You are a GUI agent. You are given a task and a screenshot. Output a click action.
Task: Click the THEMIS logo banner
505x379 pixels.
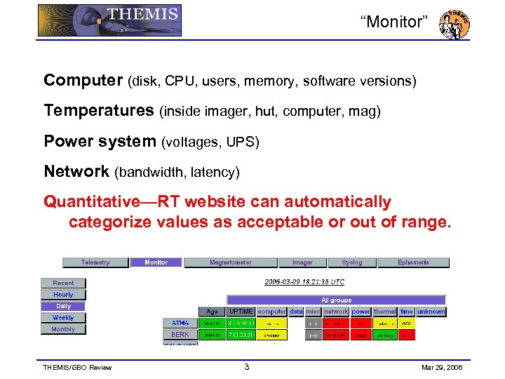109,20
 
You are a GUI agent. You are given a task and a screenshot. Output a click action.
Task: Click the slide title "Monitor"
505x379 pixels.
393,22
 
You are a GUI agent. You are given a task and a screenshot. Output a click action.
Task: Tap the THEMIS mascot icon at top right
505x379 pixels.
454,24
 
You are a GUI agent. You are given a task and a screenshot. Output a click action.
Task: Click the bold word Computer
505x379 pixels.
83,81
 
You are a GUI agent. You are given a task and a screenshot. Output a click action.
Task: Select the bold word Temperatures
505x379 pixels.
98,111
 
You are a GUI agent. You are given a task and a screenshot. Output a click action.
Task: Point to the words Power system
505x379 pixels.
100,141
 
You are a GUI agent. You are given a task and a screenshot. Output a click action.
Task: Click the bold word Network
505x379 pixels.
76,171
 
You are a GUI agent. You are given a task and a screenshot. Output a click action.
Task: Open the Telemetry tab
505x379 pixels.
95,262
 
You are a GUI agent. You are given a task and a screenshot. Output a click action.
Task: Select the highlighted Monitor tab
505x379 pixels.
156,262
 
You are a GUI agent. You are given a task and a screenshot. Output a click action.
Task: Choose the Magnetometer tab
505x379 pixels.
230,262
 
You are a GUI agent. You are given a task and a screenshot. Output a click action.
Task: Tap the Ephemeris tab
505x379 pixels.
413,262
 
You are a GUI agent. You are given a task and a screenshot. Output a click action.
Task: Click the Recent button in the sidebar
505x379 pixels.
63,283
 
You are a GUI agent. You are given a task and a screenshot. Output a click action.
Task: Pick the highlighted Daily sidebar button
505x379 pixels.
63,306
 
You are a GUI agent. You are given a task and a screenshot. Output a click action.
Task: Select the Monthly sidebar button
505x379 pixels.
63,329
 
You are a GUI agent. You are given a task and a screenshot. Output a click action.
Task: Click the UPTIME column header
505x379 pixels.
241,311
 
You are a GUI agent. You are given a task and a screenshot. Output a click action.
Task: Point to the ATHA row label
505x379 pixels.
180,323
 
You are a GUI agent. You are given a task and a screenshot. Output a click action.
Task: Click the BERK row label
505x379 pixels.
180,335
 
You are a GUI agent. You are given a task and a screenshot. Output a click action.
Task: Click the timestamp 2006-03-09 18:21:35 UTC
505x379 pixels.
304,281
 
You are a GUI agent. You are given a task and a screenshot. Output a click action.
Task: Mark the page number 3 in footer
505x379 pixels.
246,367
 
